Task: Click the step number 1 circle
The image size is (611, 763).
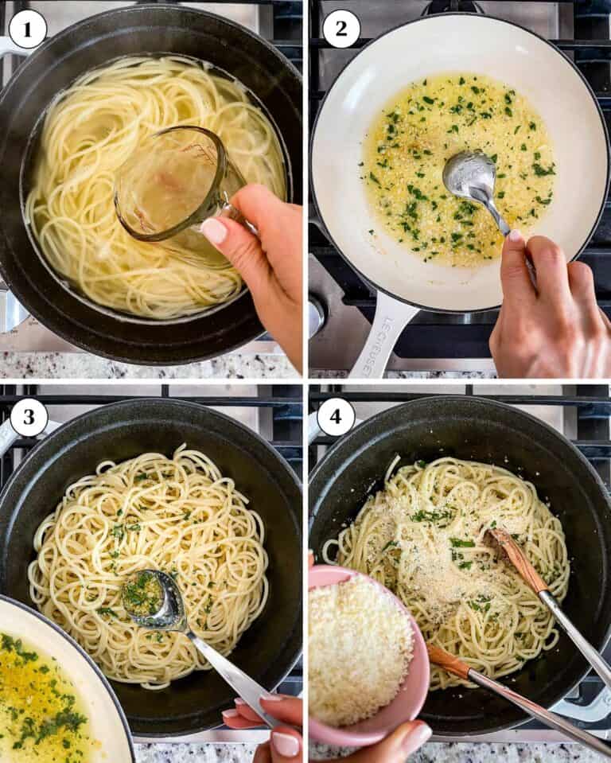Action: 28,29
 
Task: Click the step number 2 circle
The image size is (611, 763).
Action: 341,29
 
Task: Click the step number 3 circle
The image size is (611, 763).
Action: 29,417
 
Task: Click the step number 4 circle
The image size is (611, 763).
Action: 336,417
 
